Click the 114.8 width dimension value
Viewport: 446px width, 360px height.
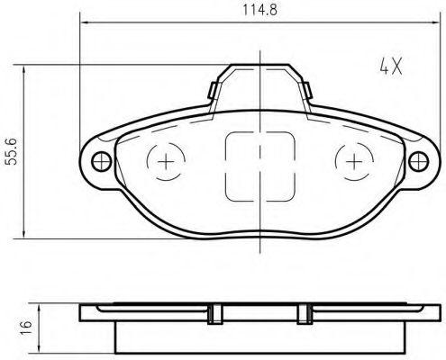(259, 10)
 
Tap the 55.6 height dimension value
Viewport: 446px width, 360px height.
(13, 152)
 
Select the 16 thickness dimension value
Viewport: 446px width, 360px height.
(26, 325)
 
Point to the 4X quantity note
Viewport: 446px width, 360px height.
(391, 67)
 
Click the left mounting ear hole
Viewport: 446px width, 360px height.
(102, 161)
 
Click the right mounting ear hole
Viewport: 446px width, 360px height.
(418, 161)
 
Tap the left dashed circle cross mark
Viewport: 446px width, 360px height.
(166, 162)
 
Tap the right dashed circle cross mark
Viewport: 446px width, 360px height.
(354, 162)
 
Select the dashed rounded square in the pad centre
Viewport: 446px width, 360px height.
(225, 166)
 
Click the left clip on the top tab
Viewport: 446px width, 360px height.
(213, 90)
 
